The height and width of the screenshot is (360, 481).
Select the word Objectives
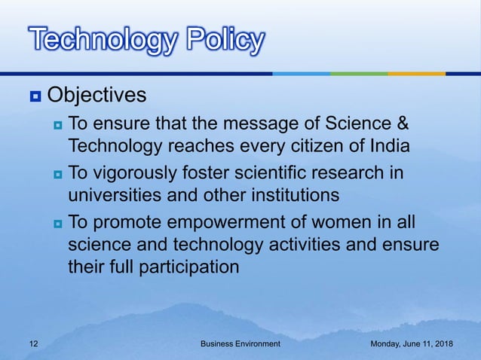[x=96, y=96]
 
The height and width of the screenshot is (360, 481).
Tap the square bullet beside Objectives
[x=35, y=97]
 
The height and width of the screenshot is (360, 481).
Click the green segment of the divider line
[x=359, y=74]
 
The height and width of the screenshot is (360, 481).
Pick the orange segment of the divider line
[x=416, y=74]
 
